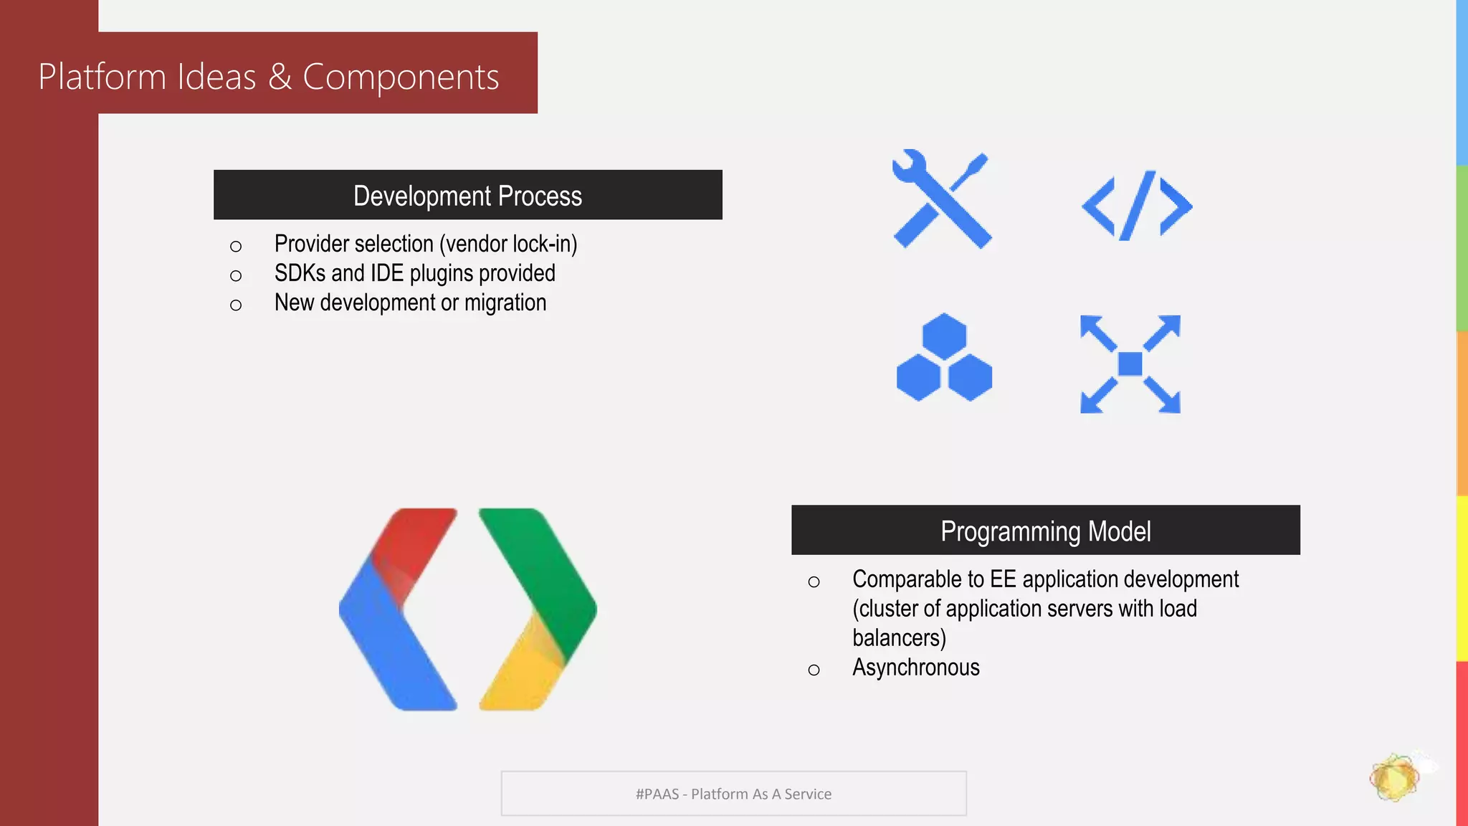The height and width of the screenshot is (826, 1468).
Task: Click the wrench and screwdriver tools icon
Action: (942, 199)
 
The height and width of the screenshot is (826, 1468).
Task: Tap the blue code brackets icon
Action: (1136, 206)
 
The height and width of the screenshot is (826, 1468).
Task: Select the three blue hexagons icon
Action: (944, 358)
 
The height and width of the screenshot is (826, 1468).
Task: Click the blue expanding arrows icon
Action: (1130, 364)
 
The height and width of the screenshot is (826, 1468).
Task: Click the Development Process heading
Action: (467, 196)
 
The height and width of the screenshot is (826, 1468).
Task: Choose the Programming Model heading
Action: (1045, 531)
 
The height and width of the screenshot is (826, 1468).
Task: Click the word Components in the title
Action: (400, 77)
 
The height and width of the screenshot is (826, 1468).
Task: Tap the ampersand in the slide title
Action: (280, 77)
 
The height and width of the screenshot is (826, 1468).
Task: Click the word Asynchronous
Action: (915, 668)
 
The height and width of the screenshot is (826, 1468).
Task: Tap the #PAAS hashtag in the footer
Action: (657, 794)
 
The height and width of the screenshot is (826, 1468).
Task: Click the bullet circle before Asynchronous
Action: (814, 670)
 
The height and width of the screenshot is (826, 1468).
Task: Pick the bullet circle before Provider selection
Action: (236, 247)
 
